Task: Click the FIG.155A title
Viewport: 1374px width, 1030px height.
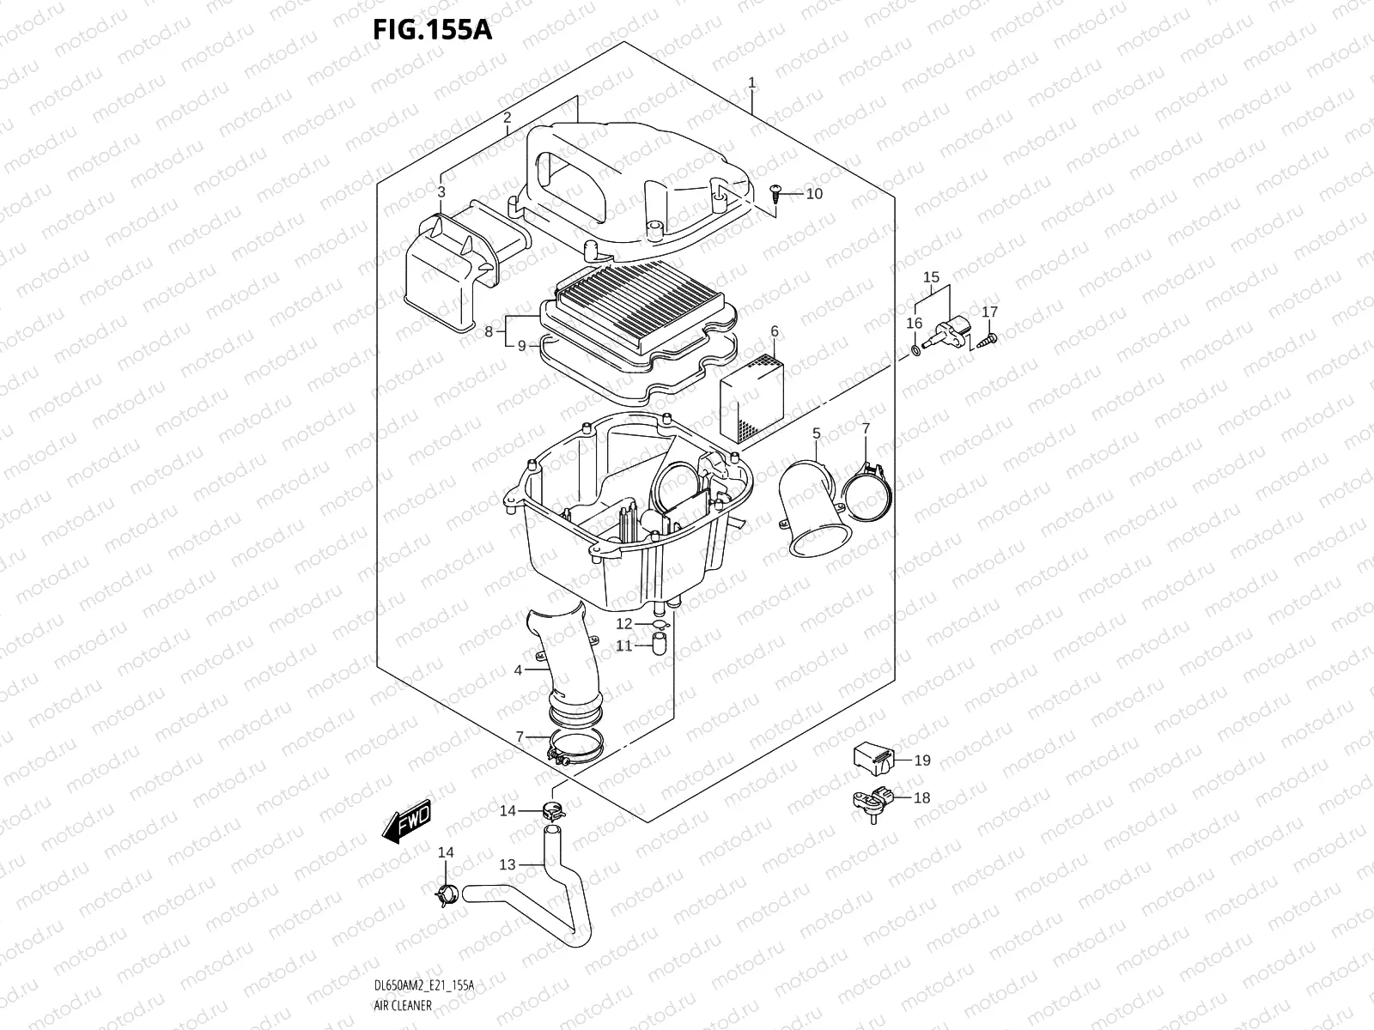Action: coord(432,30)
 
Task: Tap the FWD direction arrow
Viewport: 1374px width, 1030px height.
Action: coord(408,821)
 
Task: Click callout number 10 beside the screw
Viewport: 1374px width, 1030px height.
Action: coord(814,194)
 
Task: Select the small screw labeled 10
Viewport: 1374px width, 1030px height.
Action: coord(776,191)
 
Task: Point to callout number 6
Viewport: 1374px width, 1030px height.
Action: coord(775,331)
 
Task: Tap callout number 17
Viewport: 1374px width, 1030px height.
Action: coord(989,312)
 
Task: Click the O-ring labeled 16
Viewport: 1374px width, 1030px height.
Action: coord(916,349)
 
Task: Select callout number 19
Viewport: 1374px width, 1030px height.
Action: coord(922,760)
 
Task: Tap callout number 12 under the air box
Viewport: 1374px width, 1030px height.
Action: coord(624,624)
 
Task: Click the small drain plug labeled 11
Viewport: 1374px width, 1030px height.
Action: coord(660,644)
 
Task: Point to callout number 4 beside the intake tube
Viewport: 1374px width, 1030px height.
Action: coord(518,669)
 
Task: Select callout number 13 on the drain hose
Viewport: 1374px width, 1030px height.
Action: coord(508,864)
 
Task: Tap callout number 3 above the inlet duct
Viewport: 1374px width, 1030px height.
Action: coord(441,192)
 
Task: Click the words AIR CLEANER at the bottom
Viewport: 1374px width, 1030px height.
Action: coord(403,1004)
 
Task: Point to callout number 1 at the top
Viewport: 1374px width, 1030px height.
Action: coord(751,83)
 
